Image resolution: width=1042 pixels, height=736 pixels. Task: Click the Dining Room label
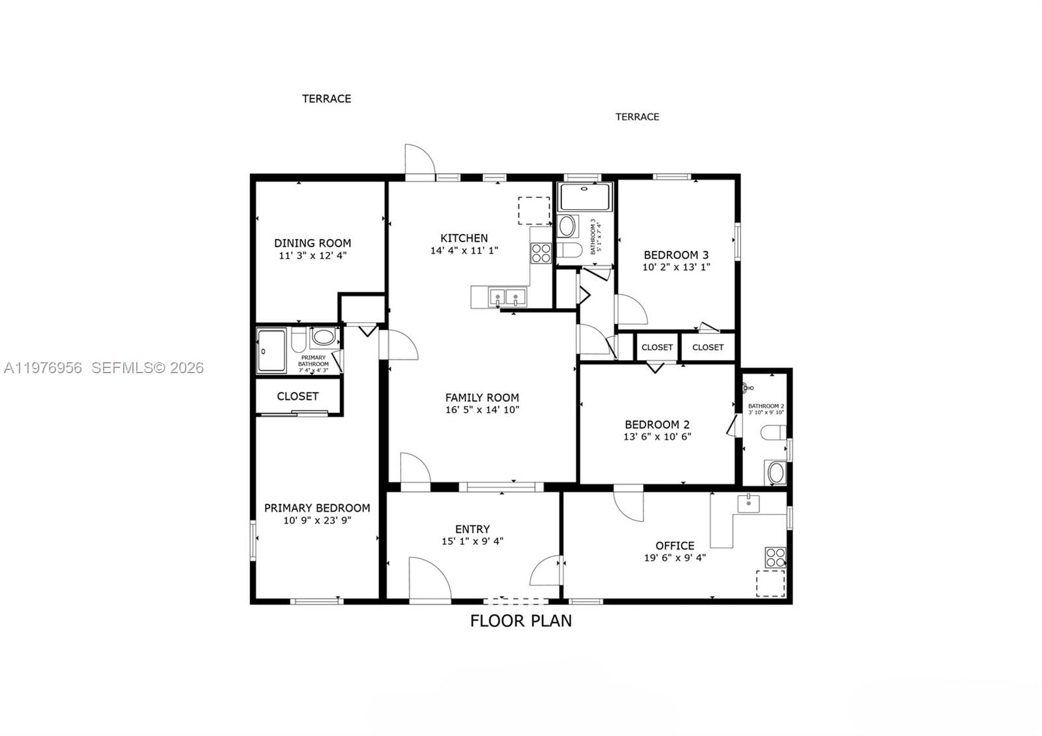pos(312,243)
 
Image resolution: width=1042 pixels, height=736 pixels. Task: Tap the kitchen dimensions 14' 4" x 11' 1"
pos(464,250)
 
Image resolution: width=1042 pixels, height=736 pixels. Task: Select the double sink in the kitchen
pos(507,298)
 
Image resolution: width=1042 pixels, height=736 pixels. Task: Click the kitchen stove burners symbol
pos(541,253)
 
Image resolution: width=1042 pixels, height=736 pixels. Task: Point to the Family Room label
pos(482,397)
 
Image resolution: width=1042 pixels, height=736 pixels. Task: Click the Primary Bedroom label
pos(317,508)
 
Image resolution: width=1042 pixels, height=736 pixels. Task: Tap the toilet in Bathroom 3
pos(570,250)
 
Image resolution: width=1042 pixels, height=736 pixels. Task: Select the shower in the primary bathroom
pos(271,350)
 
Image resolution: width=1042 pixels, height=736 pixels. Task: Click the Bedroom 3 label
pos(676,255)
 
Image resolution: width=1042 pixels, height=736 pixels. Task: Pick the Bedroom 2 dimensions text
pos(657,437)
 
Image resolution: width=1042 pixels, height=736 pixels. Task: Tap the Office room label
pos(675,546)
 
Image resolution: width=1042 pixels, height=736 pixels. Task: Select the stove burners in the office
pos(775,558)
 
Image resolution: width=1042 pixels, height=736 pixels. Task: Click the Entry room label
pos(472,530)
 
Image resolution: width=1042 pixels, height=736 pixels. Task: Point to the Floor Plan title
pos(521,621)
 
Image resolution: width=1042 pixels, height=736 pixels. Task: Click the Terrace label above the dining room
pos(326,99)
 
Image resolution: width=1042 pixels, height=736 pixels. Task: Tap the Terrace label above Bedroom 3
pos(637,117)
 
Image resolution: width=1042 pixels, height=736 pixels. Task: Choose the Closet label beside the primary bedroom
pos(298,396)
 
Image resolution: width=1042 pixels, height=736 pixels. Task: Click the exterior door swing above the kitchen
pos(419,160)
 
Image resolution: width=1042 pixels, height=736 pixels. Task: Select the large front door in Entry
pos(429,578)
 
